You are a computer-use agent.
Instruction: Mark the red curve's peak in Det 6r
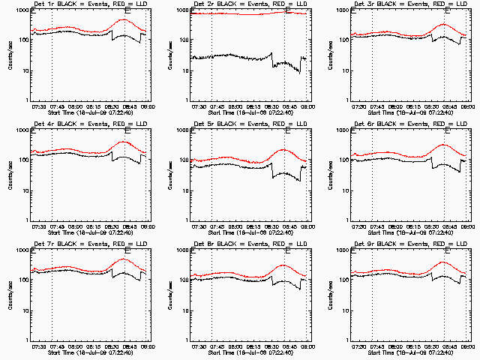pyautogui.click(x=444, y=144)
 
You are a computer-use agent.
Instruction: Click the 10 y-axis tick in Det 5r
pyautogui.click(x=185, y=190)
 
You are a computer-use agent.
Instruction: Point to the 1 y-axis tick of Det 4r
pyautogui.click(x=27, y=220)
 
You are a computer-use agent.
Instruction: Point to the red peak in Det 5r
pyautogui.click(x=283, y=150)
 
